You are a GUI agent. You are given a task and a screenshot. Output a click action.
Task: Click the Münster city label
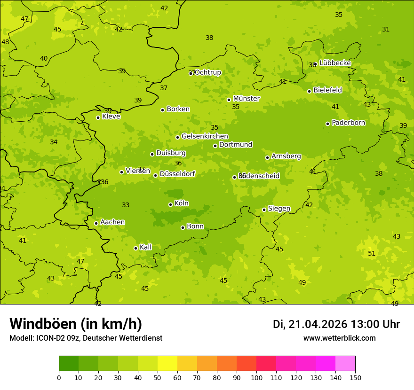click(246, 99)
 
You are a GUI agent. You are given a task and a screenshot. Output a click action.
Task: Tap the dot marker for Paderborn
click(327, 124)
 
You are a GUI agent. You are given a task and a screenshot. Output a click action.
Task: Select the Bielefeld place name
click(327, 90)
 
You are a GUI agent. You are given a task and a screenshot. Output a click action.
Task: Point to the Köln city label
click(182, 203)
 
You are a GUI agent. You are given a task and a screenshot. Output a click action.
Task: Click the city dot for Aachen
click(96, 223)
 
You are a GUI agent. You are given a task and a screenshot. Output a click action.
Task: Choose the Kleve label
click(111, 117)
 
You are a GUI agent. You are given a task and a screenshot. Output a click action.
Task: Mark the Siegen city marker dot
click(264, 210)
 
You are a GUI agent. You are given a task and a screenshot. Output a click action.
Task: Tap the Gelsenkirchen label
click(205, 136)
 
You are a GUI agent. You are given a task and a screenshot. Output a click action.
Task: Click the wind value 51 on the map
click(372, 253)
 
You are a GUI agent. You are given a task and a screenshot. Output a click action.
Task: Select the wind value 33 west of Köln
click(126, 205)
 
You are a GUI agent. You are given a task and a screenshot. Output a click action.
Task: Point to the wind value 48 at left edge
click(5, 42)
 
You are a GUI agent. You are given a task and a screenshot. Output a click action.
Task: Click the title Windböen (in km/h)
click(76, 324)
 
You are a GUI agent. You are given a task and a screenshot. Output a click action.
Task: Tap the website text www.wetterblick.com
click(339, 338)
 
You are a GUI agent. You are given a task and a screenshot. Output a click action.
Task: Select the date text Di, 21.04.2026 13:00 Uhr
click(336, 324)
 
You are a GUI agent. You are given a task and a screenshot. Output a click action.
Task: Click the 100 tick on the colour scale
click(256, 377)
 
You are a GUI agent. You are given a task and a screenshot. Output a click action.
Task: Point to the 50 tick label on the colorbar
click(158, 377)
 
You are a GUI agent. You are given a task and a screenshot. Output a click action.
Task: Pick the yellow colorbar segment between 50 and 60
click(167, 364)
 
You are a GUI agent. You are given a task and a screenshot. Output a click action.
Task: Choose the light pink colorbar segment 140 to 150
click(345, 364)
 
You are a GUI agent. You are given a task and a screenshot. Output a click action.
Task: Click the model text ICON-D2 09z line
click(86, 338)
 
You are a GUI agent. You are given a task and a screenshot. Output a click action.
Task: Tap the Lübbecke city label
click(335, 63)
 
